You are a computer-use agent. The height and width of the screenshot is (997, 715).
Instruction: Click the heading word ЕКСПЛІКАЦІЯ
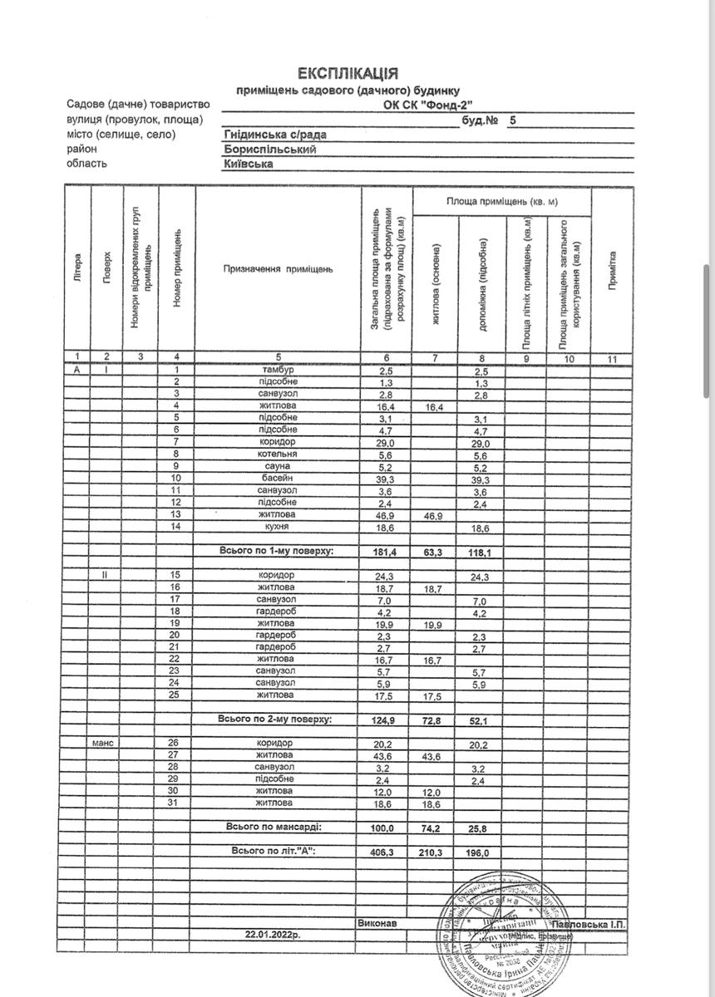click(x=347, y=74)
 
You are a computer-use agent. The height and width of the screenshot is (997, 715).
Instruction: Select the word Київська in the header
click(x=249, y=165)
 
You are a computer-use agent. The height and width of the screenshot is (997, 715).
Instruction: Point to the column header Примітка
click(x=612, y=269)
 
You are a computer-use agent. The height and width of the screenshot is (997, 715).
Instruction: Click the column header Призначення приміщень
click(x=277, y=269)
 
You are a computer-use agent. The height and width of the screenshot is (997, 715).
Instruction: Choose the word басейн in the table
click(x=277, y=479)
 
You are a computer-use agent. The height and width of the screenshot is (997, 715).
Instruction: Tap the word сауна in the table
click(x=277, y=466)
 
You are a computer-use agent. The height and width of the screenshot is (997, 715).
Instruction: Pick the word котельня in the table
click(x=277, y=454)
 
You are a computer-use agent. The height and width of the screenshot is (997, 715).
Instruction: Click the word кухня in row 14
click(x=277, y=528)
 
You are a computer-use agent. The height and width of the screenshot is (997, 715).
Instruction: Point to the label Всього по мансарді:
click(x=274, y=828)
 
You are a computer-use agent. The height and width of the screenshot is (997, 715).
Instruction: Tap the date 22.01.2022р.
click(x=273, y=935)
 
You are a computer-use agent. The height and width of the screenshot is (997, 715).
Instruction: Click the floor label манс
click(x=106, y=742)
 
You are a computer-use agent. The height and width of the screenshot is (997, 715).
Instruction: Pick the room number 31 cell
click(x=175, y=803)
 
